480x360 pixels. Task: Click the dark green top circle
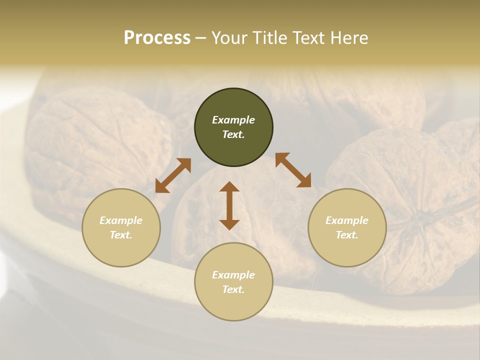pos(233,127)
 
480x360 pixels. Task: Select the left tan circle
pos(121,227)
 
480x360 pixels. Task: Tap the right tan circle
pos(347,227)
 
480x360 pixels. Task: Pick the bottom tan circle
pos(233,281)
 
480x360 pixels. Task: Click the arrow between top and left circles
pos(173,175)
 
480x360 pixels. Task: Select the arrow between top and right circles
pos(293,170)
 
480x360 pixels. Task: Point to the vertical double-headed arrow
pos(229,205)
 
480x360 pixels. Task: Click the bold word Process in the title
pos(157,38)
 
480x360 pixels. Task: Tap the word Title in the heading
pos(269,38)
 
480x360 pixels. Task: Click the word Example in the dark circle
pos(233,120)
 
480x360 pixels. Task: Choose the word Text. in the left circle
pos(121,235)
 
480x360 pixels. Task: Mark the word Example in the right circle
pos(347,220)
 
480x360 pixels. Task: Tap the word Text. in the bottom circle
pos(233,289)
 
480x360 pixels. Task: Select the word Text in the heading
pos(307,38)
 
